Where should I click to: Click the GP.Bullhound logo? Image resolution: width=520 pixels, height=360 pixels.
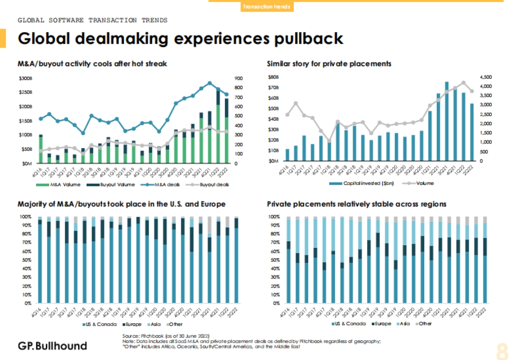(52, 346)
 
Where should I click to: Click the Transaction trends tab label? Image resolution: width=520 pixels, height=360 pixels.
(266, 7)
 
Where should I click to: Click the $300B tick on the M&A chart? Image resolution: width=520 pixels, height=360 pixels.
(26, 78)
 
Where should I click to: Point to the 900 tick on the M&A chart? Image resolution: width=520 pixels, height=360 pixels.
(239, 78)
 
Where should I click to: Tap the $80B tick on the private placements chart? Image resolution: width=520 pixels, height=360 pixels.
(273, 78)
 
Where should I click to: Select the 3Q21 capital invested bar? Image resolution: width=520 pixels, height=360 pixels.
(446, 121)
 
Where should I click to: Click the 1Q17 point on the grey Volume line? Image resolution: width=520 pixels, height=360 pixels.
(296, 103)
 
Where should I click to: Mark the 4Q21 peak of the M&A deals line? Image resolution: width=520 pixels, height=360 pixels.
(210, 83)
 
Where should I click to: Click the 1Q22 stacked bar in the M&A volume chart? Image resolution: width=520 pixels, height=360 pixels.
(218, 126)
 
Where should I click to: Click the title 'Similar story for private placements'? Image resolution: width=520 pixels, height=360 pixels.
(329, 64)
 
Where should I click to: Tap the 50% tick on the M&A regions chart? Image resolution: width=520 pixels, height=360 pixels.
(26, 260)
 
